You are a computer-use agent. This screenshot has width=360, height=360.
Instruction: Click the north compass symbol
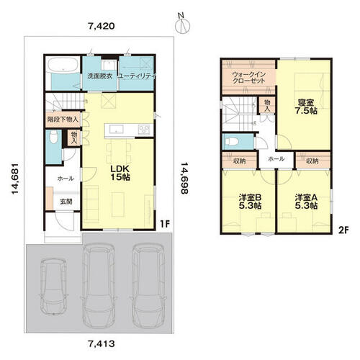(x=182, y=24)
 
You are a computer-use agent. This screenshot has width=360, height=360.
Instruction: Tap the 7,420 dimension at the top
(x=102, y=26)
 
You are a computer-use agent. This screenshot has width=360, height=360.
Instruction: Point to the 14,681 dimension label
(x=14, y=179)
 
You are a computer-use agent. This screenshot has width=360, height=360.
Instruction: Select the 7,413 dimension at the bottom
(x=102, y=344)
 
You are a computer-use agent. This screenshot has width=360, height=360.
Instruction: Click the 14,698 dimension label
(x=184, y=178)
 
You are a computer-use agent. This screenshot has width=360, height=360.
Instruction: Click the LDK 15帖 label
(x=120, y=173)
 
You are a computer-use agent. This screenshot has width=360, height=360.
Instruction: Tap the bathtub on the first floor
(x=63, y=65)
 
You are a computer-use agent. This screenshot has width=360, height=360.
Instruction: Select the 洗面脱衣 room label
(x=99, y=76)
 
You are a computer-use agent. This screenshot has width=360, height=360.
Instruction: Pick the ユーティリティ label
(x=137, y=76)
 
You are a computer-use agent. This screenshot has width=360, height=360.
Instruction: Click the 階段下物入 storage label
(x=63, y=120)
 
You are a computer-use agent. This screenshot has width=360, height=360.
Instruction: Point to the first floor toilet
(x=54, y=137)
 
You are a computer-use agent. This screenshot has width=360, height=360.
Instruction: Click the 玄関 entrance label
(x=66, y=202)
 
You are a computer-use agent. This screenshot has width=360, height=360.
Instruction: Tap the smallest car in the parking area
(x=53, y=287)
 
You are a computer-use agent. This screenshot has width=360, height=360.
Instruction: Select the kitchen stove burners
(x=144, y=130)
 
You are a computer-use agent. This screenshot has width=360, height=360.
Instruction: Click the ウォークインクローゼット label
(x=248, y=78)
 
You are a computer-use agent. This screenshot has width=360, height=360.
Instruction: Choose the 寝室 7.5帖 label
(x=306, y=107)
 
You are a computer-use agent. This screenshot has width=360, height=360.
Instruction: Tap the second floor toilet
(x=232, y=142)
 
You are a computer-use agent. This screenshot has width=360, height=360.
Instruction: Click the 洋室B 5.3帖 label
(x=250, y=202)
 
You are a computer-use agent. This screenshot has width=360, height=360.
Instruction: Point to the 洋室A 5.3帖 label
(x=306, y=202)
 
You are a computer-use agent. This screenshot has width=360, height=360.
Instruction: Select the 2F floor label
(x=343, y=230)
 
